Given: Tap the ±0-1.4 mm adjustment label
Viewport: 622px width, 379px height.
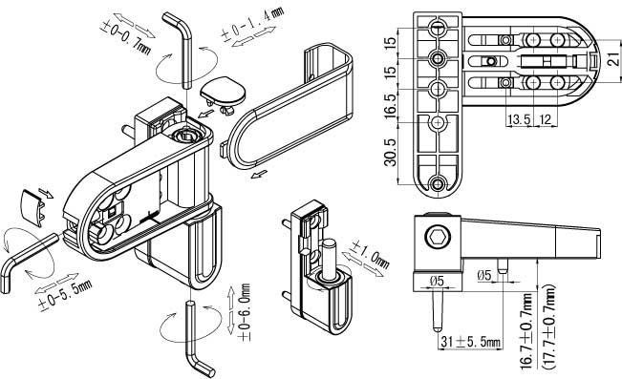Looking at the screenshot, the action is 252,24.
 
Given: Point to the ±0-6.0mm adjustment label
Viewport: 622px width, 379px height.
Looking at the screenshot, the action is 245,312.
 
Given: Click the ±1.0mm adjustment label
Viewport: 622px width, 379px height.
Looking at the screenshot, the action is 371,254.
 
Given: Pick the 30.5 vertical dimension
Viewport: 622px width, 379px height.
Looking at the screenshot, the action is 391,153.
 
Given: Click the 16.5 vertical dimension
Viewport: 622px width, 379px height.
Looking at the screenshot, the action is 391,105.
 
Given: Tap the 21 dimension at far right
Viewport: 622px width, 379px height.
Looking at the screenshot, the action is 613,59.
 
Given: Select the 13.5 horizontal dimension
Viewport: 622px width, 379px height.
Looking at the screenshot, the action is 519,119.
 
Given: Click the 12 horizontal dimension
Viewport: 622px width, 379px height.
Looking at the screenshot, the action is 546,119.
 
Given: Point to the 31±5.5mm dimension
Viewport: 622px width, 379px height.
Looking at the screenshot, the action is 471,341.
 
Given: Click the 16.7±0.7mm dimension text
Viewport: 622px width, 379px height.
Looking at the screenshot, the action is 527,331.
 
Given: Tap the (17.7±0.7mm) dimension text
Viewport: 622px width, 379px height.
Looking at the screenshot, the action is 549,326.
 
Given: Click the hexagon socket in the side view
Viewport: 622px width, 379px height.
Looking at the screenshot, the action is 438,238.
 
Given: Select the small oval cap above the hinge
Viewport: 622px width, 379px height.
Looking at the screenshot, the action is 223,95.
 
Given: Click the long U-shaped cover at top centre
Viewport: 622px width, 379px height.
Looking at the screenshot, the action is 289,106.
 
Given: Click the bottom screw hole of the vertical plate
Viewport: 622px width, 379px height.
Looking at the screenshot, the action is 438,184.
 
